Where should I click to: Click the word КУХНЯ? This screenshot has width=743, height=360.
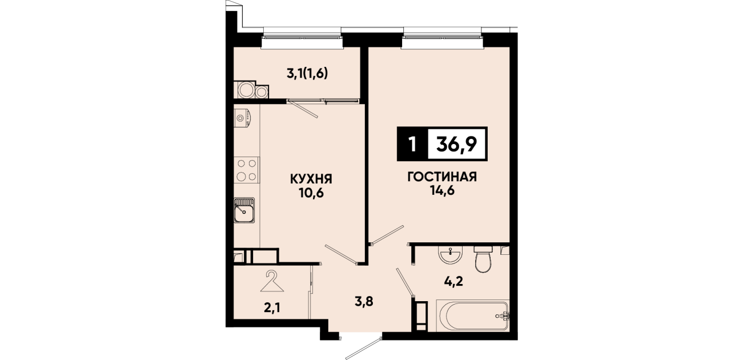click(x=311, y=179)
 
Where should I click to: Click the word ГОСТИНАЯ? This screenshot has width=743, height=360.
click(x=442, y=177)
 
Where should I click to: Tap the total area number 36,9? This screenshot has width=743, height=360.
click(x=456, y=144)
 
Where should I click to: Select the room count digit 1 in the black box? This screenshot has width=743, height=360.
click(x=412, y=145)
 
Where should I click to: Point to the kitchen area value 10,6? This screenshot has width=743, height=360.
click(x=311, y=193)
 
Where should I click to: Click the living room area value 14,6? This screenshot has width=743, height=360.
click(x=442, y=190)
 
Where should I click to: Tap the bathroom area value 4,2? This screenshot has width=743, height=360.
click(x=454, y=281)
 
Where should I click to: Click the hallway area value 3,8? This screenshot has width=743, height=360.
click(x=364, y=302)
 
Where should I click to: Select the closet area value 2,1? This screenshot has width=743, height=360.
click(x=272, y=308)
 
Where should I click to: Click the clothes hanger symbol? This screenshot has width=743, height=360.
click(x=272, y=281)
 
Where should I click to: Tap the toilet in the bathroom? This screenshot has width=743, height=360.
click(x=483, y=259)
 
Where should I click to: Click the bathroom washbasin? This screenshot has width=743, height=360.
click(x=450, y=255)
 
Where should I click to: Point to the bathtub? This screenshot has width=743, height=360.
click(x=473, y=315)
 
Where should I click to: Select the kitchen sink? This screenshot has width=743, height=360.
click(x=244, y=210)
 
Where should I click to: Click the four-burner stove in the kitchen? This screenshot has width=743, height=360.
click(x=247, y=170)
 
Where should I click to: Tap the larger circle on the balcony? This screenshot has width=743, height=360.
click(x=246, y=90)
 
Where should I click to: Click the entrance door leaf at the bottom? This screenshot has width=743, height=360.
click(x=364, y=349)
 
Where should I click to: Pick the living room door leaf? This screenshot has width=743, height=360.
click(x=387, y=235)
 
